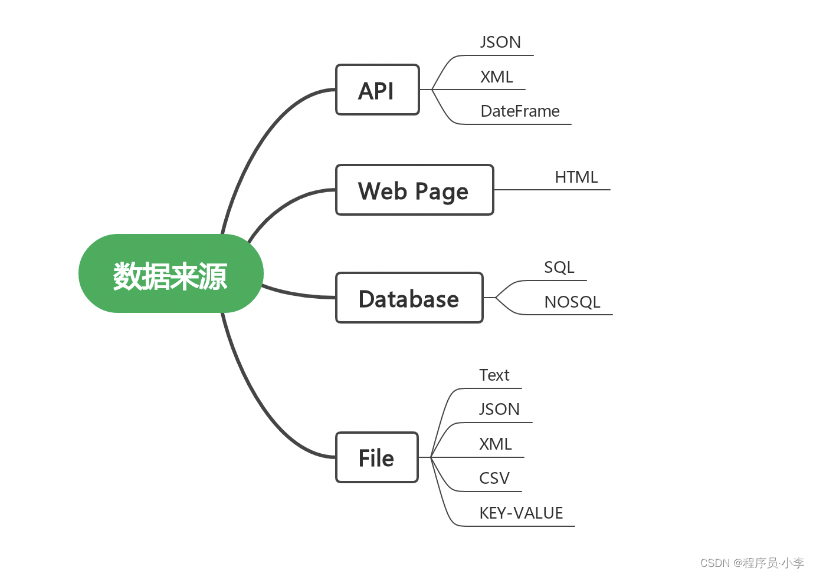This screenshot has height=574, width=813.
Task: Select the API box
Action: [377, 90]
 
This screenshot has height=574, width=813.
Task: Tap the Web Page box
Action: [414, 190]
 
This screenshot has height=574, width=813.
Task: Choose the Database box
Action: [409, 298]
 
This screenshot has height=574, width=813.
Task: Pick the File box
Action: [376, 458]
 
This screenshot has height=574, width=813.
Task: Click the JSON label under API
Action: [500, 42]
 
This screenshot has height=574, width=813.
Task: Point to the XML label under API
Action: [496, 77]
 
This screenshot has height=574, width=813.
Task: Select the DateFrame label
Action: [520, 111]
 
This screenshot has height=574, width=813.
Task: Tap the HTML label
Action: [576, 177]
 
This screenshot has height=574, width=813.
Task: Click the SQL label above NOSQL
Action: [559, 268]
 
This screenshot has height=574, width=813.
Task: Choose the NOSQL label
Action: [572, 302]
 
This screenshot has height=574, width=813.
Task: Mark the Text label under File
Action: [494, 375]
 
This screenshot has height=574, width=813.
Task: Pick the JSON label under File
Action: [499, 410]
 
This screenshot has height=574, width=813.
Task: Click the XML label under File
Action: [495, 444]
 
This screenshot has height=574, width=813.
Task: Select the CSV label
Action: [494, 479]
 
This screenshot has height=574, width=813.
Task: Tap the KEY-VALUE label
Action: [521, 513]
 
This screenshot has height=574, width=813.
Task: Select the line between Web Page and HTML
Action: [552, 190]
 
